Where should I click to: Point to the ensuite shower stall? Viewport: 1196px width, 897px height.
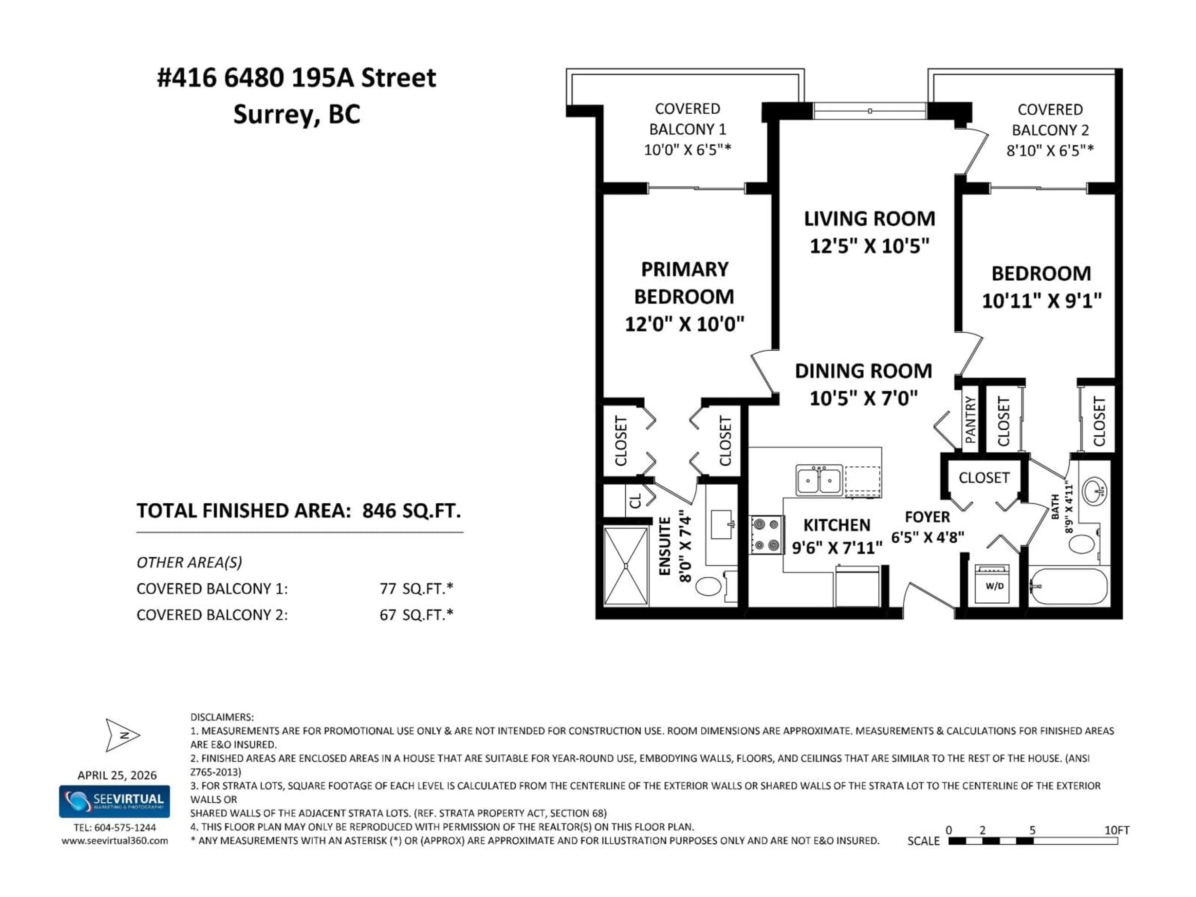click(626, 566)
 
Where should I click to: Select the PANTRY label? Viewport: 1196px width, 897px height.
click(971, 420)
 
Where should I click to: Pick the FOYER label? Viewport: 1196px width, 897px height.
click(927, 517)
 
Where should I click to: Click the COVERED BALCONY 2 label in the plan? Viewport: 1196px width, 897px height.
click(1050, 120)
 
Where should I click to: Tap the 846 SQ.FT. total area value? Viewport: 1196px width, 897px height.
click(411, 510)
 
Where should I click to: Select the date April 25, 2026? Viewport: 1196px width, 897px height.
click(117, 775)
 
